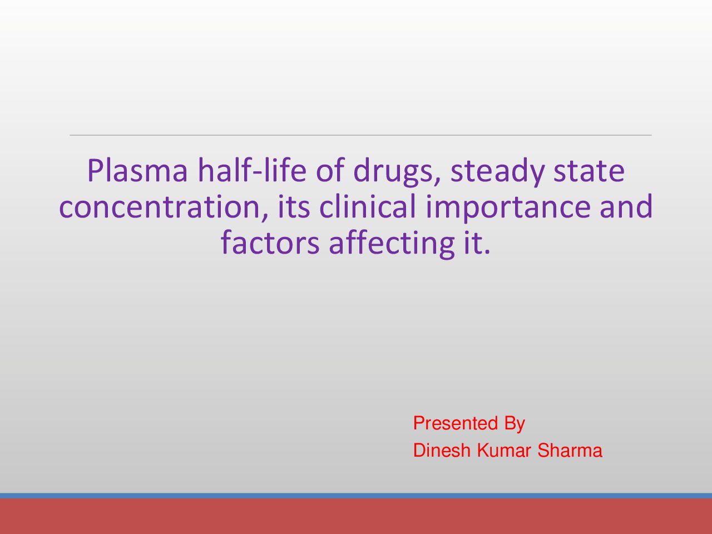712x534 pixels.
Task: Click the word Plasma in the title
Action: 137,170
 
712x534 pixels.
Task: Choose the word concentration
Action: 164,207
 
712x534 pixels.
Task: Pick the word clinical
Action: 368,206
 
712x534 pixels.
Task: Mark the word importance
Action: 508,208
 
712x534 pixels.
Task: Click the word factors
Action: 270,242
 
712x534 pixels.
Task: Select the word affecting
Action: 392,244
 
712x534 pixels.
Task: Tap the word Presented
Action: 456,423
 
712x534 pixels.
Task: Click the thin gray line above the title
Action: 360,135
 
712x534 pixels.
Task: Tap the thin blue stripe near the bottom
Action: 356,496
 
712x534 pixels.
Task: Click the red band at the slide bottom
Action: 356,516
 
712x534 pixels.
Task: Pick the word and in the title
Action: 626,206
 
